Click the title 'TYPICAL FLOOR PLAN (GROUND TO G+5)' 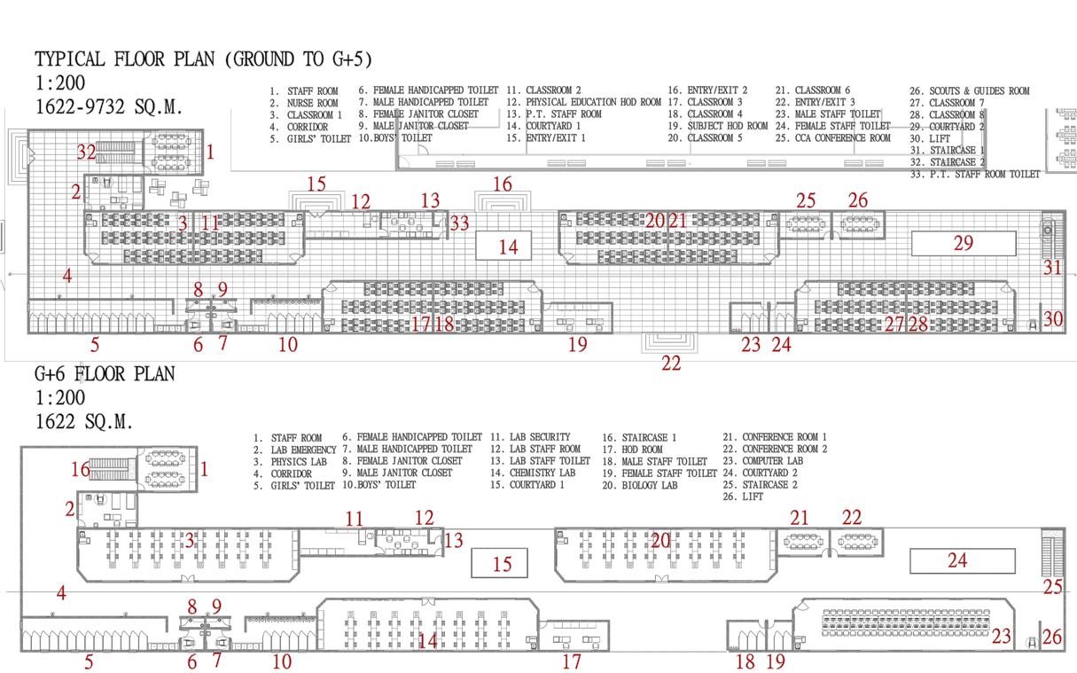[x=203, y=59]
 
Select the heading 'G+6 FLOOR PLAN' [x=105, y=374]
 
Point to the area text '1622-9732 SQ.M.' [x=109, y=107]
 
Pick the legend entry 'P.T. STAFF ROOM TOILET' [x=975, y=175]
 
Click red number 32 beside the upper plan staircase [x=86, y=153]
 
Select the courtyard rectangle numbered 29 [x=963, y=243]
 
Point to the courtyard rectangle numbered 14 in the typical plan [x=508, y=246]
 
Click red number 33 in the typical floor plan [x=459, y=223]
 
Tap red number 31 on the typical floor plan [x=1052, y=266]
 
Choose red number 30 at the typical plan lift [x=1052, y=319]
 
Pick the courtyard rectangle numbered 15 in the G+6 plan [x=502, y=564]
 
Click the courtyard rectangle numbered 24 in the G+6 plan [x=957, y=560]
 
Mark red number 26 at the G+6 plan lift [x=1052, y=637]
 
